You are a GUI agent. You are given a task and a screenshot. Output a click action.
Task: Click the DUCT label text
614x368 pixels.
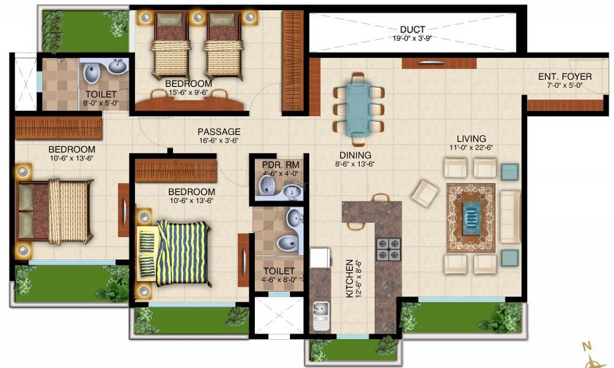[412, 29]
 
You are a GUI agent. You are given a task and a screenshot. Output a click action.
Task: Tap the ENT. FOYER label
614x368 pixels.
[564, 76]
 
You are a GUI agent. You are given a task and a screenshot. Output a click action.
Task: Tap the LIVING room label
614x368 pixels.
[471, 139]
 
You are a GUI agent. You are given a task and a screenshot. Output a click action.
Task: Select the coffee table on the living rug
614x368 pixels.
[470, 217]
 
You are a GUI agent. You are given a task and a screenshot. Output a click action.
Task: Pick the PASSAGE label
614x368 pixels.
[219, 131]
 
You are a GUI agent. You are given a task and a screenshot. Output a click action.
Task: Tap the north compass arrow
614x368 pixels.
[590, 353]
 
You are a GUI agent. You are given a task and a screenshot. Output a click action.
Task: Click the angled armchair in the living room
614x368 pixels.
[425, 193]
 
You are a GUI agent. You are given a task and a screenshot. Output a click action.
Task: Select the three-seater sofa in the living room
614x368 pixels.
[510, 217]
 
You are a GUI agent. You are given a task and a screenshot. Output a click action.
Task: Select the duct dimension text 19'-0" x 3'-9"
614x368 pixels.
[412, 38]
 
